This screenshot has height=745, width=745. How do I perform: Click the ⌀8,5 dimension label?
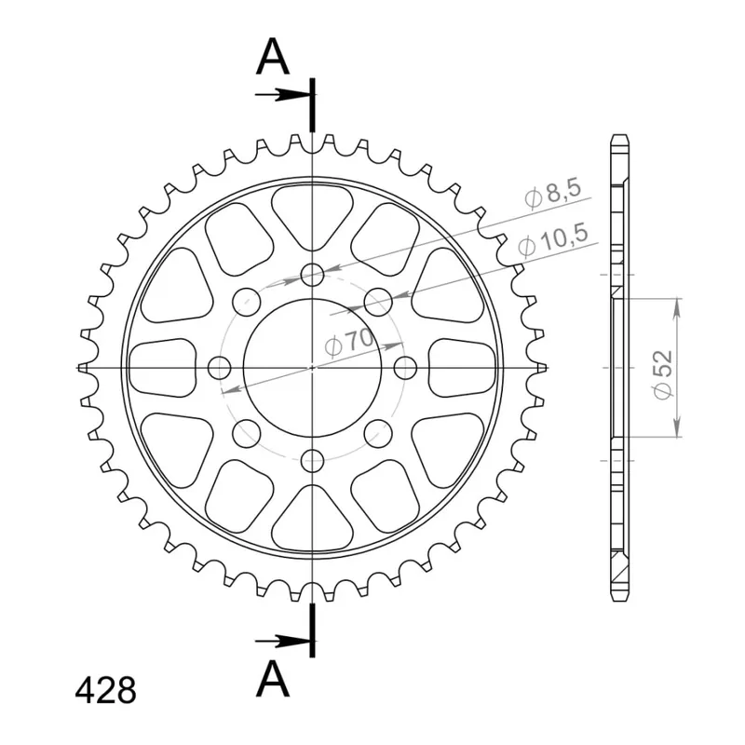(x=553, y=195)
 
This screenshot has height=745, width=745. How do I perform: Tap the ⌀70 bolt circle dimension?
(x=349, y=343)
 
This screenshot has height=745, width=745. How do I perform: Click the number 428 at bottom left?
(x=105, y=690)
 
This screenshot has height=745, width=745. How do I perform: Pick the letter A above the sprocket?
(x=272, y=57)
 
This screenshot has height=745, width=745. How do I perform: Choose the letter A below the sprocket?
(x=272, y=680)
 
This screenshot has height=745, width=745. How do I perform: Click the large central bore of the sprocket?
(x=312, y=368)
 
